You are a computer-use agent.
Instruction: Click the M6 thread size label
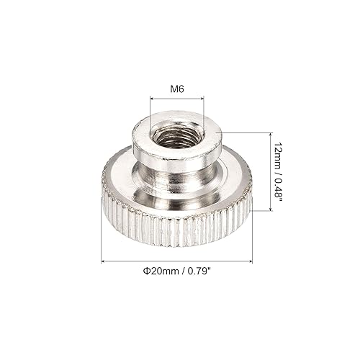point(176,88)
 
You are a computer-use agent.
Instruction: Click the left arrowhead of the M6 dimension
point(153,99)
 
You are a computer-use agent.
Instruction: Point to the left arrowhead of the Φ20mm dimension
point(103,260)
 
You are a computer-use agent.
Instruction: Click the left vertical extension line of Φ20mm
point(101,238)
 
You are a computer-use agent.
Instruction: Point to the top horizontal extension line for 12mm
point(245,132)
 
